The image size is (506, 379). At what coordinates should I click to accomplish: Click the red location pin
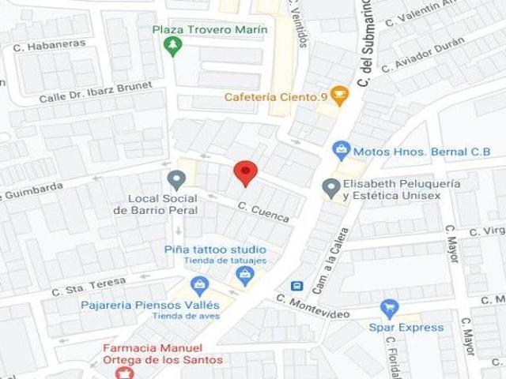click(x=246, y=172)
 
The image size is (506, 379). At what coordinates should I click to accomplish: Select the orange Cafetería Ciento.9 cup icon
click(x=339, y=96)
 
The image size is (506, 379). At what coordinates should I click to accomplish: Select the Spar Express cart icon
click(x=389, y=309)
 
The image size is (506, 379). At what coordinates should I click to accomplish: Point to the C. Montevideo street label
click(x=313, y=306)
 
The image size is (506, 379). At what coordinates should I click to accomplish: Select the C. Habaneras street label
click(x=49, y=45)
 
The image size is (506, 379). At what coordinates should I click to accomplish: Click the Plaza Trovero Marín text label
click(x=210, y=30)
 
